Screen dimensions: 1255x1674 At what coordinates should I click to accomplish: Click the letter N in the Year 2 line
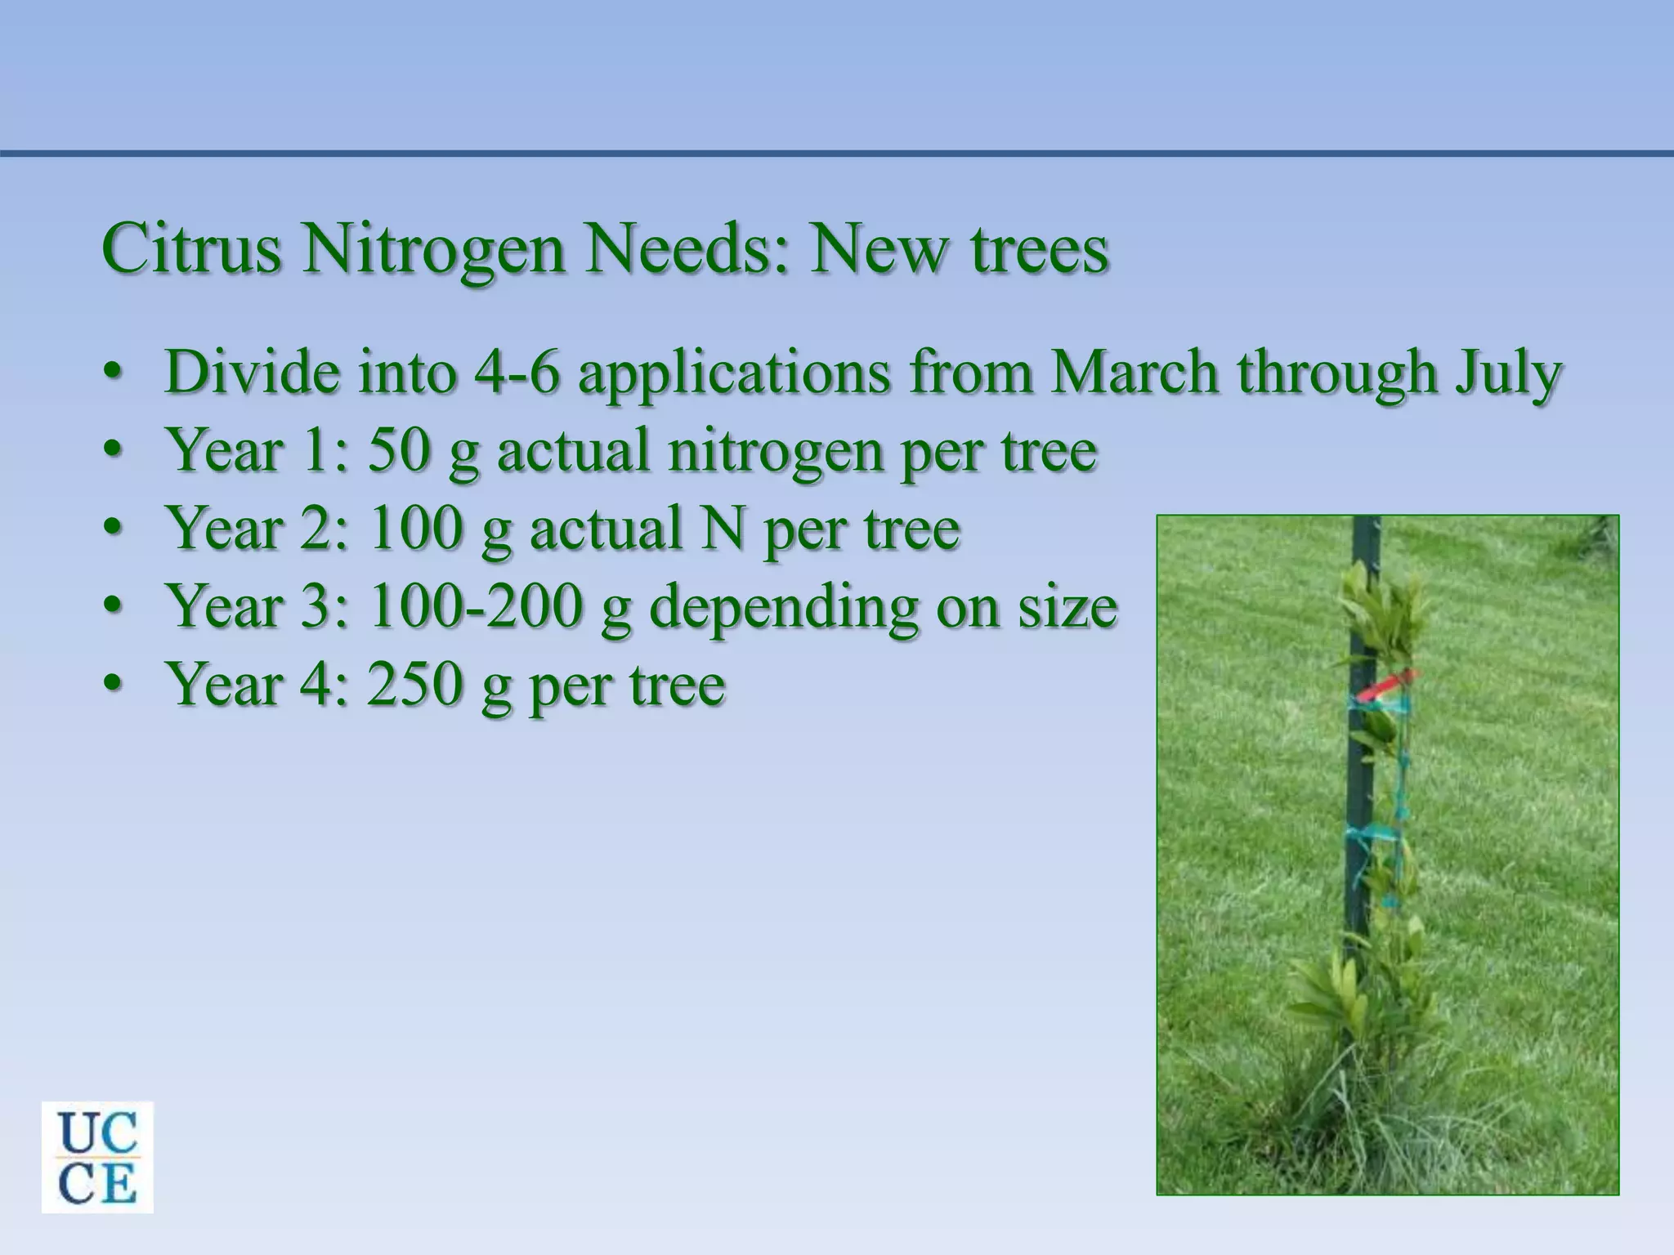tap(722, 528)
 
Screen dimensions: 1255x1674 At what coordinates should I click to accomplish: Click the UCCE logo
tap(97, 1156)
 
